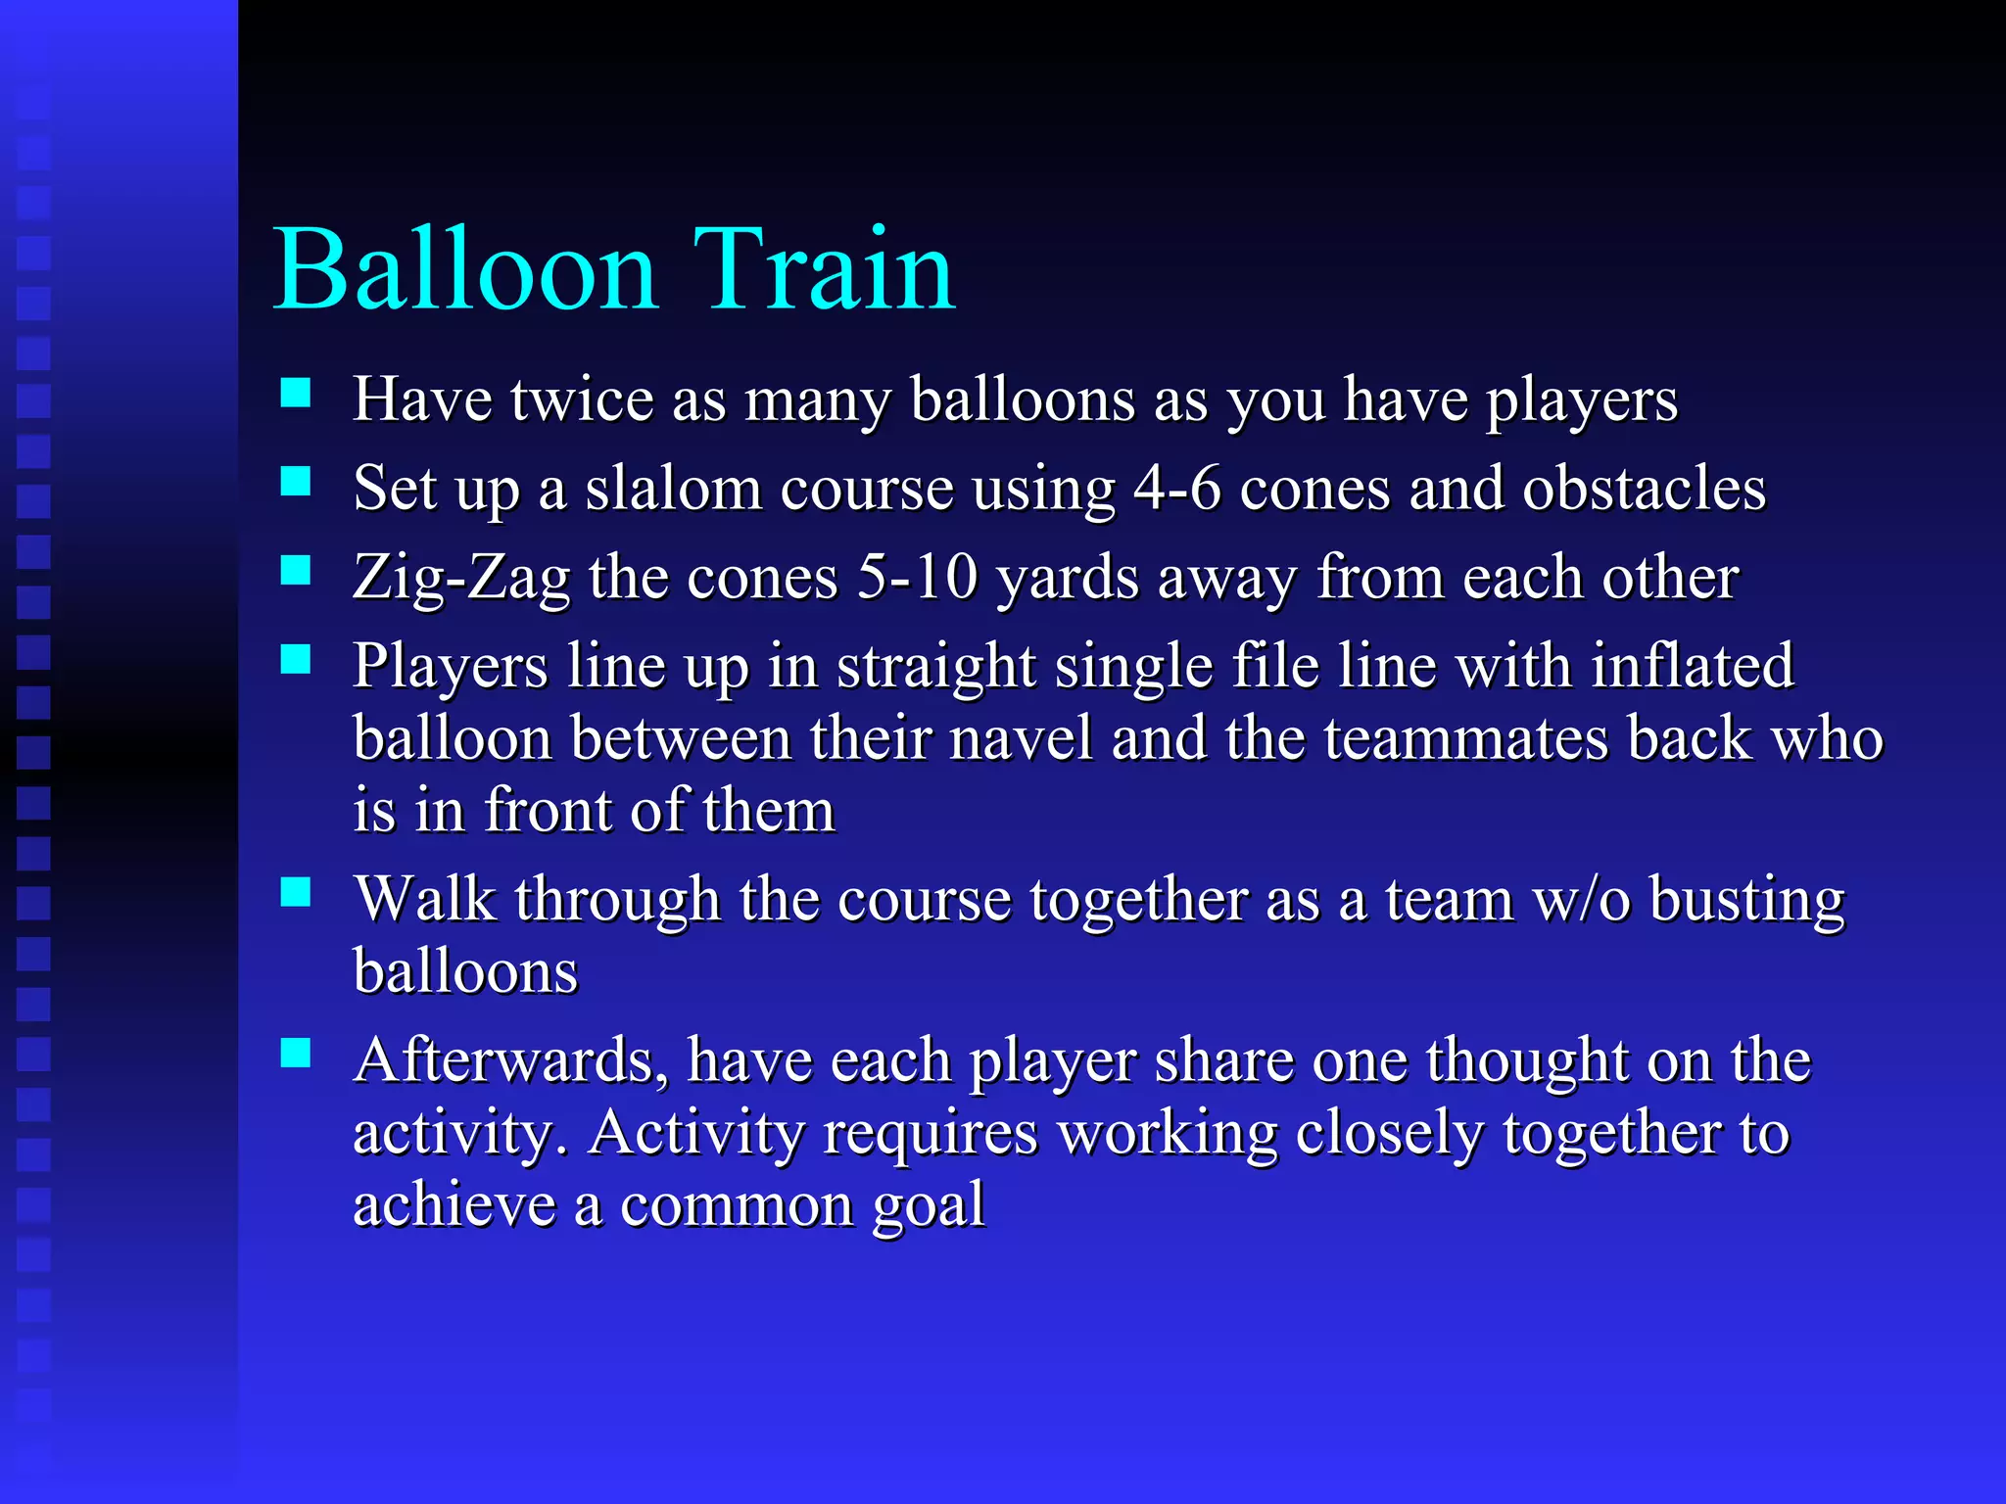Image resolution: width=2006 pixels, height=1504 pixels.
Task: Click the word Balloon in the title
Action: click(x=464, y=269)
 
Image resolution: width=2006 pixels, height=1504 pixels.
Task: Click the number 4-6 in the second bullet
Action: click(x=1176, y=488)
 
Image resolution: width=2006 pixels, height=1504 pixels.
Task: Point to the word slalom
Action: click(x=673, y=488)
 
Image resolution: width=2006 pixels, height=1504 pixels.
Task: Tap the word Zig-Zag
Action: click(x=461, y=578)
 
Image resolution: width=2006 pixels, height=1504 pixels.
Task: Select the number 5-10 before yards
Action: click(x=917, y=577)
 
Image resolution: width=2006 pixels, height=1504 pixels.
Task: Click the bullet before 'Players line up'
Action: click(x=295, y=660)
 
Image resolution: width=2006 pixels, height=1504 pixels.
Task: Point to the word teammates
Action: click(x=1466, y=737)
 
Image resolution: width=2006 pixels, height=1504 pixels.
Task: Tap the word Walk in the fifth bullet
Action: click(x=426, y=898)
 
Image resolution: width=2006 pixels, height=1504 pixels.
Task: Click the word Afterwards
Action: click(x=510, y=1060)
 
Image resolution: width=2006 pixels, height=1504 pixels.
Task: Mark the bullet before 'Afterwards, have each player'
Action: click(x=295, y=1054)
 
